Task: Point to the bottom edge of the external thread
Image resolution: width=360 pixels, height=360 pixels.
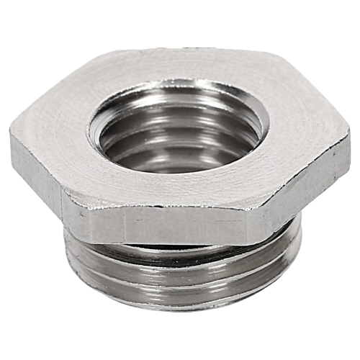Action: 180,307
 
